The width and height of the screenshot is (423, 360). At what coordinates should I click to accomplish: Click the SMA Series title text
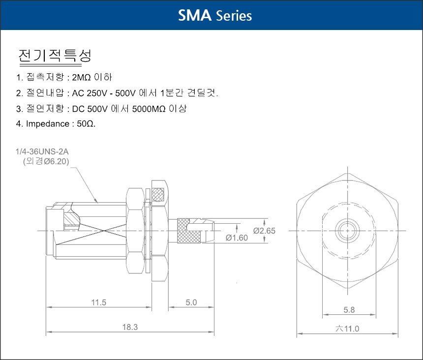215,15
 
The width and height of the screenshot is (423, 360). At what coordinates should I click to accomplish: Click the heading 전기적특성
55,56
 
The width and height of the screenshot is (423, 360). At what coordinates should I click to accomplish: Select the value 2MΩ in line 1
82,78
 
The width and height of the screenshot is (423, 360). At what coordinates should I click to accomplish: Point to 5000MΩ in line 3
149,109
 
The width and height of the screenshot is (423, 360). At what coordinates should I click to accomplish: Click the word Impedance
48,124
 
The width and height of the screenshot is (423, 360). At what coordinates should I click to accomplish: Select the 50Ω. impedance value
86,124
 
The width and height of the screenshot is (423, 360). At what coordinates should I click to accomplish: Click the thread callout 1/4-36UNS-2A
42,151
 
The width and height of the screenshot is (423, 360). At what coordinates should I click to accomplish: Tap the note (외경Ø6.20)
46,161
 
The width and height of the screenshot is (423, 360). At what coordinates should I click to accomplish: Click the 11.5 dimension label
99,302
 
